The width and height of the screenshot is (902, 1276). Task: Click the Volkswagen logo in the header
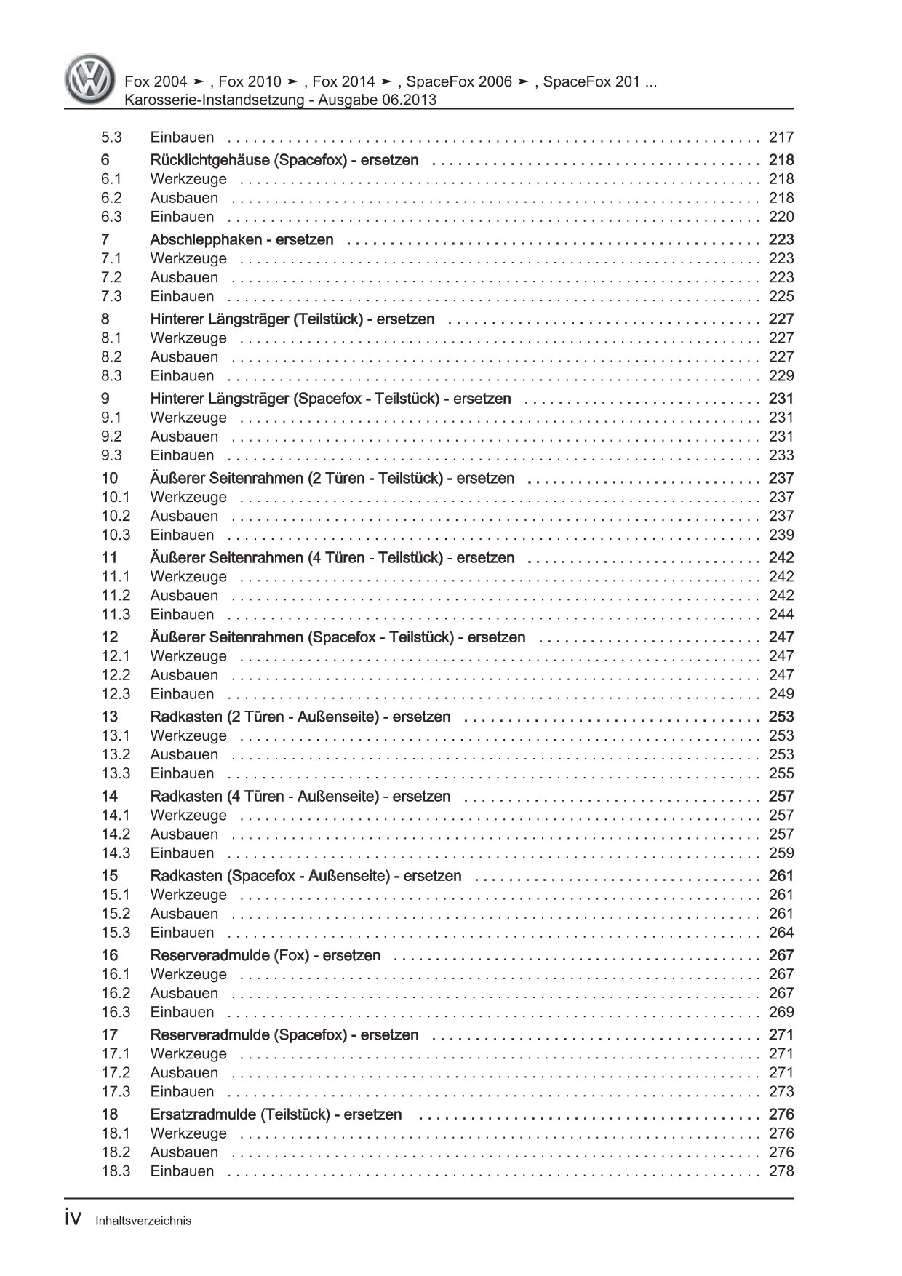(x=89, y=81)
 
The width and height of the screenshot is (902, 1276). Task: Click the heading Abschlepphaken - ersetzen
(x=242, y=239)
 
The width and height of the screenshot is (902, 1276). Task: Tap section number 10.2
(x=116, y=516)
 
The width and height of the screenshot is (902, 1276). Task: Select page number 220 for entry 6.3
(x=781, y=217)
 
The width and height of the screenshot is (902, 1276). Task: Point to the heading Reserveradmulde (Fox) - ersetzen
(x=265, y=955)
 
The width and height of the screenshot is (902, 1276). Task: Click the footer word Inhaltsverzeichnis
(x=143, y=1221)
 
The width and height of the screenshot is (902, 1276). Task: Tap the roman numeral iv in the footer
(x=76, y=1219)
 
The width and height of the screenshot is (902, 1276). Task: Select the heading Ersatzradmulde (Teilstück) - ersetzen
(x=276, y=1114)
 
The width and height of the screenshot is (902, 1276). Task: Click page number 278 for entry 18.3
(x=781, y=1171)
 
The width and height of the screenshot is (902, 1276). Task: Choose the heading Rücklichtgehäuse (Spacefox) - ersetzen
(x=284, y=160)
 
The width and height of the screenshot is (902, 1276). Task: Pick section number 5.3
(x=111, y=137)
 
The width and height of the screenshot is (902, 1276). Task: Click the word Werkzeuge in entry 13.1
(x=188, y=735)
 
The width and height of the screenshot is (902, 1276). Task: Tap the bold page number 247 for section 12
(x=781, y=637)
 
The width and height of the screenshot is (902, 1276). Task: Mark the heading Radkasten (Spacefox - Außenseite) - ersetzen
(x=306, y=876)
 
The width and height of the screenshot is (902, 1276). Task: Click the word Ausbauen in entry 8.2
(x=184, y=357)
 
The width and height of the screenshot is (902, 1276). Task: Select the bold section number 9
(x=105, y=399)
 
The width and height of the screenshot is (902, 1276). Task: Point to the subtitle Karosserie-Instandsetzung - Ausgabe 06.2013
(x=281, y=100)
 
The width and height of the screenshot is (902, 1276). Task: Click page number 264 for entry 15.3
(x=781, y=933)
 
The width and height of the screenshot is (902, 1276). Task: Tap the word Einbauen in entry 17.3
(x=182, y=1091)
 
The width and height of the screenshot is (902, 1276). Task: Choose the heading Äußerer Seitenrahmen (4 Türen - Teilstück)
(x=332, y=558)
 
